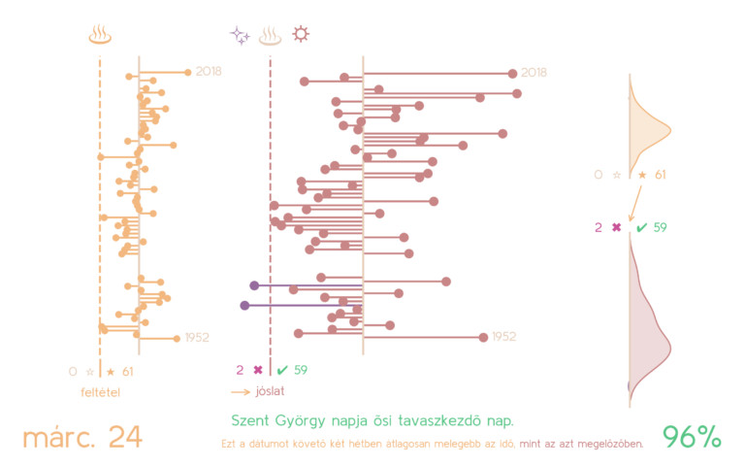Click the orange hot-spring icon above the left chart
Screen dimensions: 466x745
[100, 36]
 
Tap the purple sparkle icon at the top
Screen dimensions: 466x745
[240, 36]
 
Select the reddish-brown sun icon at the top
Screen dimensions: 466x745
[302, 35]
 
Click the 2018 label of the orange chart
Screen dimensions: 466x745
[209, 72]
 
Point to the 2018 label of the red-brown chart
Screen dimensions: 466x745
[534, 73]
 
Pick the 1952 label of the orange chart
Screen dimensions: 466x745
[197, 338]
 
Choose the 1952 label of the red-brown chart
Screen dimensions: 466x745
[503, 337]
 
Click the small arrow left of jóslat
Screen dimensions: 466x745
[241, 392]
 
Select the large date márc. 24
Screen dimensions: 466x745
[82, 437]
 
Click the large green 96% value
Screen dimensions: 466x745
[692, 437]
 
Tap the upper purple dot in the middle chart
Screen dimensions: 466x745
[254, 285]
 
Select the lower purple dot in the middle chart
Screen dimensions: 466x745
[244, 305]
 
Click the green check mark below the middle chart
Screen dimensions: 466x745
[282, 370]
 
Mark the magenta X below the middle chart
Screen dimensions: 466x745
[257, 370]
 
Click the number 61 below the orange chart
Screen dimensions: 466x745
[127, 371]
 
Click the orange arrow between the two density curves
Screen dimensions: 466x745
[633, 206]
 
